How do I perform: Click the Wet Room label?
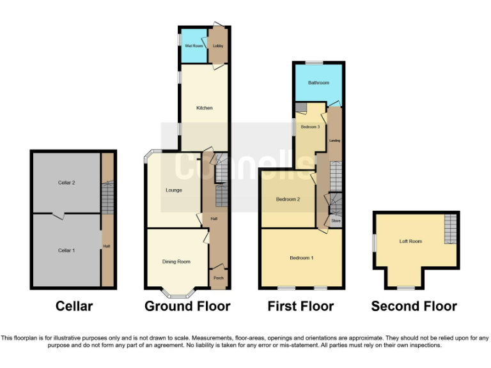[x=194, y=46]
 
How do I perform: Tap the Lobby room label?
[x=217, y=46]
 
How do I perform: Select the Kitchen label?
[x=205, y=108]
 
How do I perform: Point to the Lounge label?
[x=174, y=190]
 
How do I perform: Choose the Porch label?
[x=217, y=277]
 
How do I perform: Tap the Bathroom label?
[x=318, y=83]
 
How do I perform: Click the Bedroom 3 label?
[x=310, y=127]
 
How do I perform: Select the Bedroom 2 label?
[x=288, y=199]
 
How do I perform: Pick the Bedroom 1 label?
[x=302, y=257]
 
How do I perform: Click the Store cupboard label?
[x=336, y=221]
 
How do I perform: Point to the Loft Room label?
[x=411, y=241]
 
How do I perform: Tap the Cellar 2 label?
[x=66, y=183]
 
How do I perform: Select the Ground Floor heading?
[x=187, y=307]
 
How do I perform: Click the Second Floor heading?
[x=414, y=307]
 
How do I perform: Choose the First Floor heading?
[x=300, y=307]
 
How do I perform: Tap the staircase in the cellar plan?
[x=107, y=198]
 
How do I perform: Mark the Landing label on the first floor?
[x=334, y=140]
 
